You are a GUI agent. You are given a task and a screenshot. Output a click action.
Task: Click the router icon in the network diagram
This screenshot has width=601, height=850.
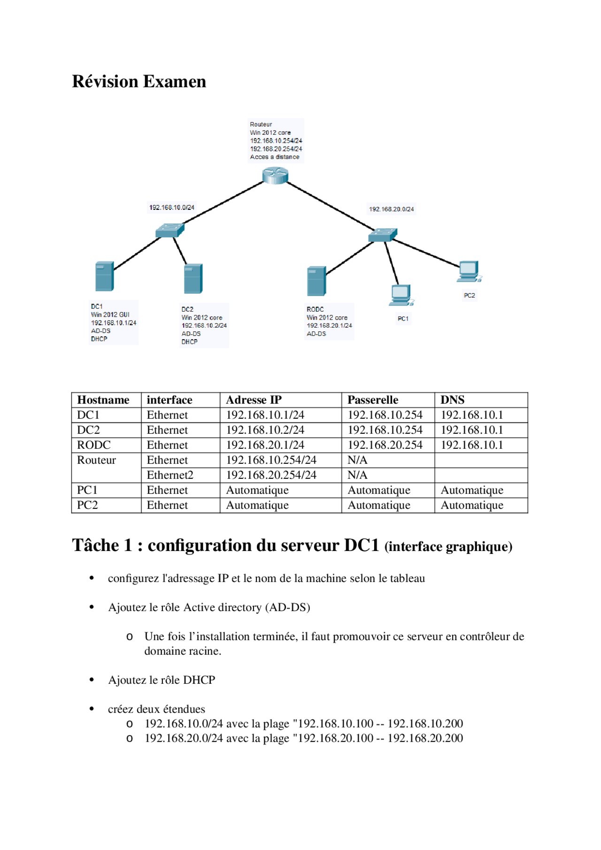tap(275, 176)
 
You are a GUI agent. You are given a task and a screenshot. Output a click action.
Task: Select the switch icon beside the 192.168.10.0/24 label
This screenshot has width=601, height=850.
tap(170, 230)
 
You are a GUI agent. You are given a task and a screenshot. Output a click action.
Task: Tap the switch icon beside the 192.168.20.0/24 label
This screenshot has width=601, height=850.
tap(383, 235)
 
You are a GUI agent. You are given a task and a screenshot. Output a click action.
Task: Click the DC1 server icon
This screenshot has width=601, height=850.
tap(104, 276)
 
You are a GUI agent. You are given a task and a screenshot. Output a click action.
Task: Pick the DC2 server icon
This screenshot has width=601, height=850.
tap(193, 278)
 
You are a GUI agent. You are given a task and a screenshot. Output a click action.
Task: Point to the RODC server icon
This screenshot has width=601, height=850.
tap(316, 281)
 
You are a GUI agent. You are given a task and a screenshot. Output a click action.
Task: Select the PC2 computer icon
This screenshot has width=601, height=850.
tap(469, 271)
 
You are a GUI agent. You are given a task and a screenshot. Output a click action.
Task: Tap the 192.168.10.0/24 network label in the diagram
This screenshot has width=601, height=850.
tap(172, 207)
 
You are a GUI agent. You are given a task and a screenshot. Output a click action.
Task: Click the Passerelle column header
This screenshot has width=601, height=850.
tap(373, 400)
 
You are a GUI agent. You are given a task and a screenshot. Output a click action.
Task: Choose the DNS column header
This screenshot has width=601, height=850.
tap(453, 400)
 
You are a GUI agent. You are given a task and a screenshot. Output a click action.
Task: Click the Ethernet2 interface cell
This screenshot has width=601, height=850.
tap(170, 475)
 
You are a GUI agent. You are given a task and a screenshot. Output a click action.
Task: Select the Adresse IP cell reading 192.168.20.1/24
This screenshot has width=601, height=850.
tap(265, 445)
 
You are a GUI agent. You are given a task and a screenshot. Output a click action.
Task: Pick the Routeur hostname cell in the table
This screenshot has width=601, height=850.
tap(97, 460)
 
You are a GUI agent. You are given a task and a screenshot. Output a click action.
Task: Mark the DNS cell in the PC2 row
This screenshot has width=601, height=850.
tap(472, 505)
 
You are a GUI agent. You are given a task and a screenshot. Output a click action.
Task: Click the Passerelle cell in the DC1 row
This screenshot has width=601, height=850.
tap(385, 415)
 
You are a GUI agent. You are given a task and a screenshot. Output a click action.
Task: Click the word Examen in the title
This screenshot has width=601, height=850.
tap(175, 82)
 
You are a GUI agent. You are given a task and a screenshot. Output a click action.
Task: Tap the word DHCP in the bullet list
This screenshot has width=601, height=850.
tap(199, 680)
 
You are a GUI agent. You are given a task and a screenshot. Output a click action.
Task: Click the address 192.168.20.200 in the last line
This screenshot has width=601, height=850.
tap(425, 738)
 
